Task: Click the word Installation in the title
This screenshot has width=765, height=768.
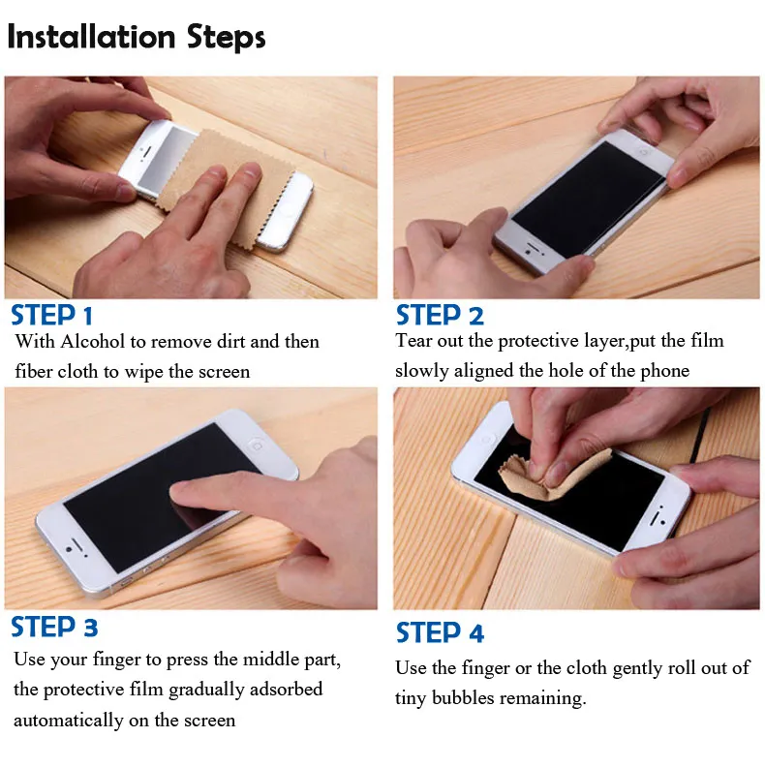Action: coord(92,37)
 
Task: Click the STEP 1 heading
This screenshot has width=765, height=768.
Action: coord(51,315)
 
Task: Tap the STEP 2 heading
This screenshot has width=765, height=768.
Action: coord(440,315)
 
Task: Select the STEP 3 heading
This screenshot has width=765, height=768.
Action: coord(54,627)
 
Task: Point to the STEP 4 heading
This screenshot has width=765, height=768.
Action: coord(440,632)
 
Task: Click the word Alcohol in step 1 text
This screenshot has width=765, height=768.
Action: coord(93,342)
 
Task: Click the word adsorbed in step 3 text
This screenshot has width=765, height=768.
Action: coord(286,689)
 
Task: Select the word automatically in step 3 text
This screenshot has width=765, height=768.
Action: coord(69,720)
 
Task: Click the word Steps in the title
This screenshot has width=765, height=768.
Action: coord(227,38)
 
